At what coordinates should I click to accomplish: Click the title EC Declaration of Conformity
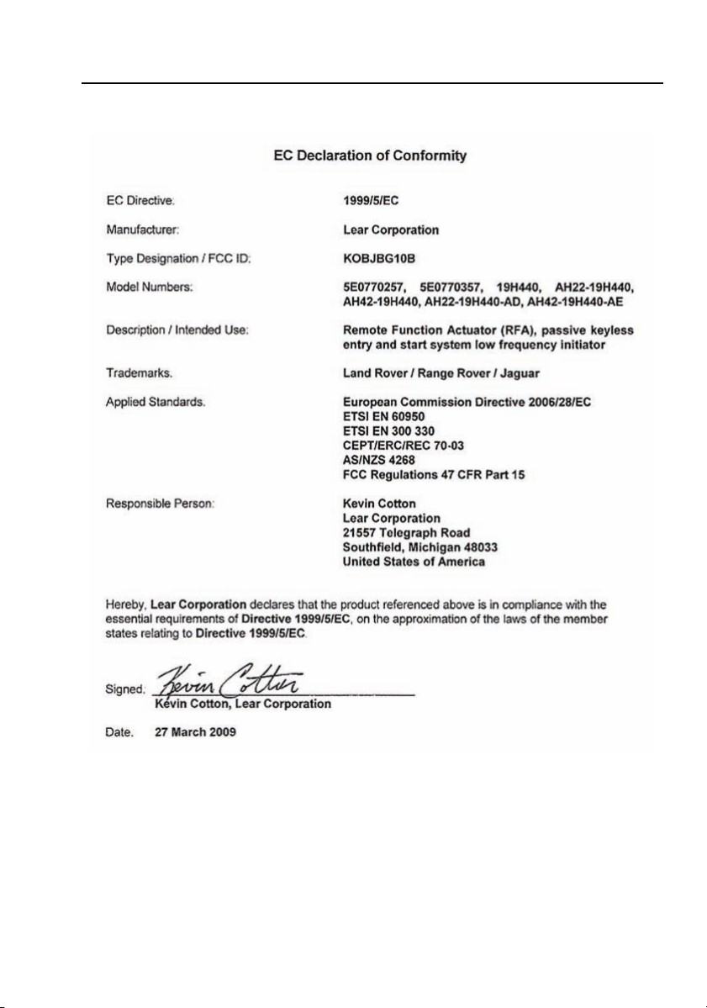coord(370,156)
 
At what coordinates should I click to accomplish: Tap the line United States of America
coord(414,561)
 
